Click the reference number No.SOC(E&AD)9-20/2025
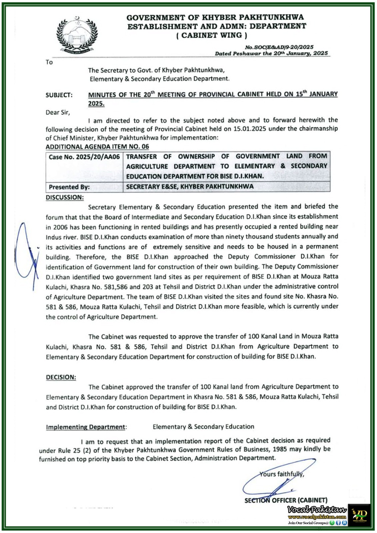pyautogui.click(x=279, y=47)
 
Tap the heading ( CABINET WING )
pyautogui.click(x=212, y=35)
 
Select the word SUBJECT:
pyautogui.click(x=59, y=95)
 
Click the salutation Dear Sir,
pyautogui.click(x=58, y=113)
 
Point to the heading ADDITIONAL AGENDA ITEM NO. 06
pyautogui.click(x=97, y=147)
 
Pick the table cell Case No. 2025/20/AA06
pyautogui.click(x=84, y=157)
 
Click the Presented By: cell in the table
pyautogui.click(x=69, y=187)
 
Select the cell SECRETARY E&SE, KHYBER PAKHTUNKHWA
pyautogui.click(x=190, y=187)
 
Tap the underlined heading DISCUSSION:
pyautogui.click(x=65, y=197)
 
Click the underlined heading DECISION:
pyautogui.click(x=61, y=377)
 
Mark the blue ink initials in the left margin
pyautogui.click(x=27, y=255)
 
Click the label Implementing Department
pyautogui.click(x=85, y=427)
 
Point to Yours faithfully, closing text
pyautogui.click(x=282, y=474)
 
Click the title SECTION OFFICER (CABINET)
pyautogui.click(x=286, y=500)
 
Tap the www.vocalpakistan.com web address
pyautogui.click(x=317, y=517)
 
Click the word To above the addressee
pyautogui.click(x=49, y=62)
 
